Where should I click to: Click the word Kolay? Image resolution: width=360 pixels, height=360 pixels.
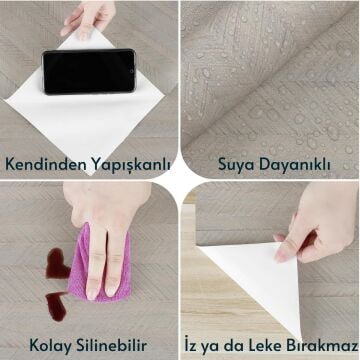51,343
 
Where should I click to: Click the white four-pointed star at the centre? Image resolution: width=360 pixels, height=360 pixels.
180,180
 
